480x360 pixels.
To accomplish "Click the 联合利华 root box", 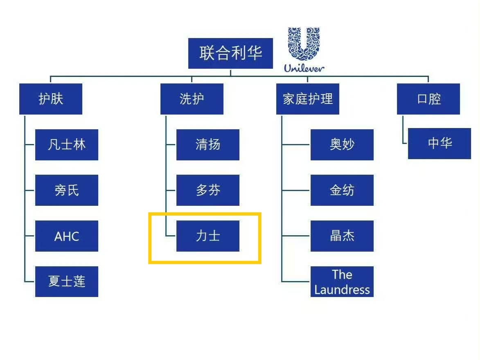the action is (230, 53).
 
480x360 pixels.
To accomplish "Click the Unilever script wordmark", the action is (304, 68).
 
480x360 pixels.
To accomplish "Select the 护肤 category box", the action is (50, 99).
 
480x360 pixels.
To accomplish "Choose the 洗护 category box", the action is (192, 99).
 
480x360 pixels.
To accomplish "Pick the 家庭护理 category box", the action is (307, 99).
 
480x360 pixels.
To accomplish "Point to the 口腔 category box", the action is (428, 99).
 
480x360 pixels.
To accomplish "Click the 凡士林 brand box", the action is (66, 144).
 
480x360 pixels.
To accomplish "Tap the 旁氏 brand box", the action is (66, 190).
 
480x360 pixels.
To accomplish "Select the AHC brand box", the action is (66, 236).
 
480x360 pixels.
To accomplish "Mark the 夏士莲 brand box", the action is (66, 281).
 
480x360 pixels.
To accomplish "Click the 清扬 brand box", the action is (207, 144).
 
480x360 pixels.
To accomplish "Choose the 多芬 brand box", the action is (207, 190).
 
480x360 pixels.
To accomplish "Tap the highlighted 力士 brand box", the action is (207, 236).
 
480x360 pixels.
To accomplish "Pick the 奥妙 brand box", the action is (342, 144).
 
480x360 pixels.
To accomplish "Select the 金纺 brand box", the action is (342, 190).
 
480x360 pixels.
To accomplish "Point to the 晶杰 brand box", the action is (342, 236).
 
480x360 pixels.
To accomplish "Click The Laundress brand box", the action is (342, 281).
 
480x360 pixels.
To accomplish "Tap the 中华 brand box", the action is (439, 143).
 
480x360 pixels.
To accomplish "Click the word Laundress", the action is (342, 290).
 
